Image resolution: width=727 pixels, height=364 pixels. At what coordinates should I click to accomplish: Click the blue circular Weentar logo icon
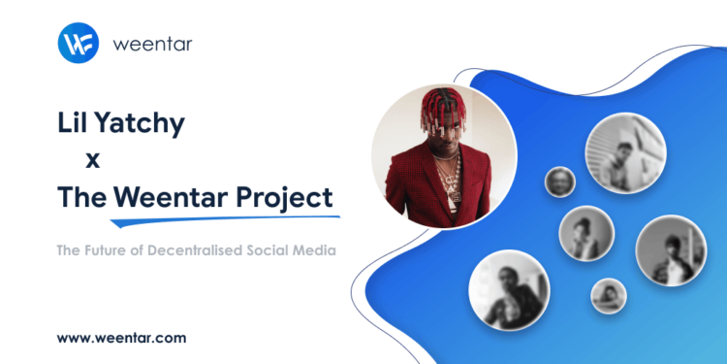79,45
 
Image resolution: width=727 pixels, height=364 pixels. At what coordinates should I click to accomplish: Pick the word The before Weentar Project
81,197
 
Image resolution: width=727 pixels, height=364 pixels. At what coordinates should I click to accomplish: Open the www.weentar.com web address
121,338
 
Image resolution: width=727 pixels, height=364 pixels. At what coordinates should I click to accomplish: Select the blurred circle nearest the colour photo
560,182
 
